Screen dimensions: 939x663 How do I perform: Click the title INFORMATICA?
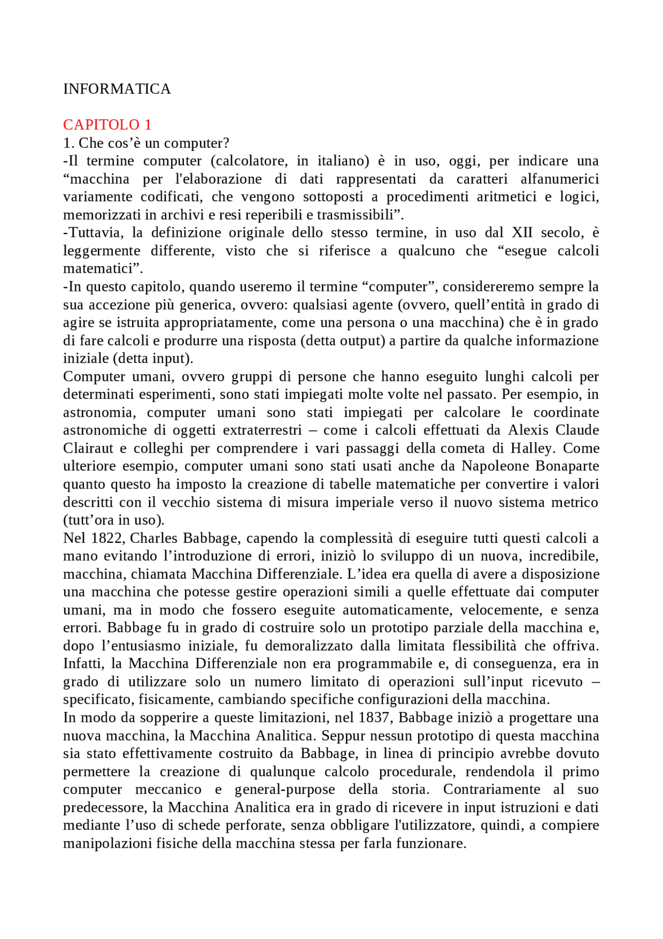117,89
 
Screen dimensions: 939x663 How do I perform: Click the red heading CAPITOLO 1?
107,125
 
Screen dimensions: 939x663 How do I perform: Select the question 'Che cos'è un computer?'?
153,143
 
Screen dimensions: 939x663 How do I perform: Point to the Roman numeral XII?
522,233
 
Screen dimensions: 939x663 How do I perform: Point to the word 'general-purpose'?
285,790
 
